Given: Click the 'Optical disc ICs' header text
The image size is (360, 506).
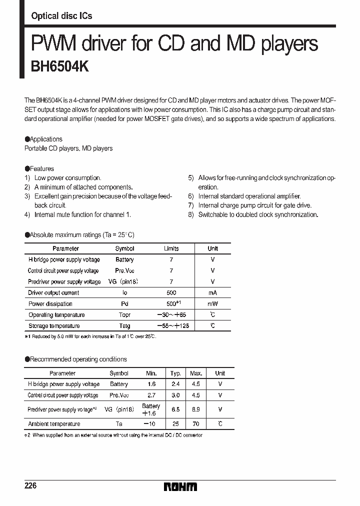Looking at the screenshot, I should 61,16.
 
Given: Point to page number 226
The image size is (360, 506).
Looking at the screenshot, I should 31,486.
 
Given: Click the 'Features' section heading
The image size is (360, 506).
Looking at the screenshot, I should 39,168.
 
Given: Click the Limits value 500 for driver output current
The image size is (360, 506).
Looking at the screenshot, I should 171,293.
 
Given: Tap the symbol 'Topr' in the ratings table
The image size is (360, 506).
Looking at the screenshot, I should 124,315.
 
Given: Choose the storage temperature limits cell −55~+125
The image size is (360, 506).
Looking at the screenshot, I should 171,326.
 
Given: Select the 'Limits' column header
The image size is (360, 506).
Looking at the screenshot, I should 171,248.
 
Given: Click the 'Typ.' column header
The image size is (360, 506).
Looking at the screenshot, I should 175,373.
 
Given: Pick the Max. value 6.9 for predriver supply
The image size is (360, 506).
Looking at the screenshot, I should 195,409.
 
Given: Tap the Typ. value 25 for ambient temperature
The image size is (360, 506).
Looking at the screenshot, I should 175,423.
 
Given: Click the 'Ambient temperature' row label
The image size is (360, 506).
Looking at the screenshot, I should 54,423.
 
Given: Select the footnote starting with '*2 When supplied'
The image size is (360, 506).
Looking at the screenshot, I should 113,435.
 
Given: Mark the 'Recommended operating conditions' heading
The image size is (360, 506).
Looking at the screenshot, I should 75,359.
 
